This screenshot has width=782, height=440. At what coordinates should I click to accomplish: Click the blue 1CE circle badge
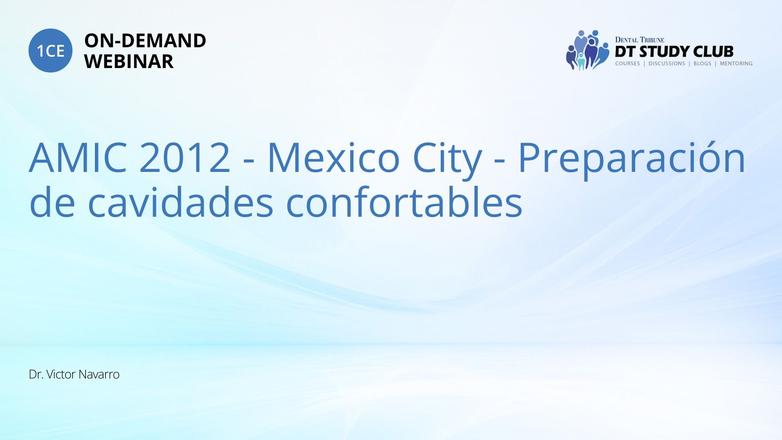pos(51,51)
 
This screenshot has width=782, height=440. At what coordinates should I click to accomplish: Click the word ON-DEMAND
pos(145,41)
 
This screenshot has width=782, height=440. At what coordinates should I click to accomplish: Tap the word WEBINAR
pos(129,62)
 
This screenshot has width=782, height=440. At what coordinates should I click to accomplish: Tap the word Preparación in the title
pos(632,159)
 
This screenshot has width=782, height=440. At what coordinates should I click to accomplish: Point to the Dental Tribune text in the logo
pos(639,40)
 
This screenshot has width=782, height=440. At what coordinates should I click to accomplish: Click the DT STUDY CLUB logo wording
pos(674,52)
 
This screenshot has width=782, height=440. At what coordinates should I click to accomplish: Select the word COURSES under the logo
pos(628,64)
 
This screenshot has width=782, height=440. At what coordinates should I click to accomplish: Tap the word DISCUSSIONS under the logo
pos(667,64)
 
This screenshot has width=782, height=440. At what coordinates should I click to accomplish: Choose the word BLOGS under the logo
pos(702,64)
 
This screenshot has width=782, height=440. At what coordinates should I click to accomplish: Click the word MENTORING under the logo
pos(736,64)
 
